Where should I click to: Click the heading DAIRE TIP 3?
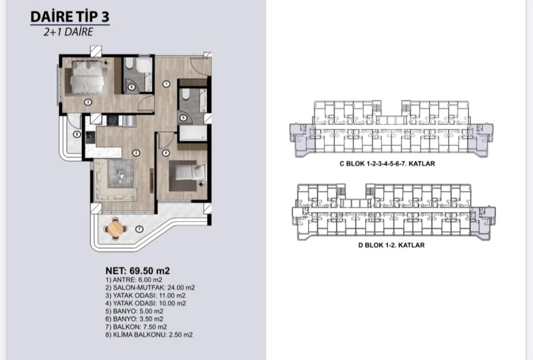70,17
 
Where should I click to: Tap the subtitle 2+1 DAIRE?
68,31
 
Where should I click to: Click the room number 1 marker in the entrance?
166,83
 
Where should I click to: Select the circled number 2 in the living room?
136,153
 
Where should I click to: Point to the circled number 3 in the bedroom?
88,102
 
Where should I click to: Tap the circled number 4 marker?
165,153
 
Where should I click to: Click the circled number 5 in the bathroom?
183,118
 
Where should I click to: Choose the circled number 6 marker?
132,87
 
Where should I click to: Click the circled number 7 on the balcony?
139,229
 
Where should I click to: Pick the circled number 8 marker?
77,134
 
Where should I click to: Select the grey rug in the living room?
121,173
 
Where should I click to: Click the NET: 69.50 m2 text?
137,271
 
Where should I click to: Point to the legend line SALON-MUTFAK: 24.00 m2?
150,288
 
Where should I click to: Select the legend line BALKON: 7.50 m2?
136,327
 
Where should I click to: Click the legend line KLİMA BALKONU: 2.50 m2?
149,335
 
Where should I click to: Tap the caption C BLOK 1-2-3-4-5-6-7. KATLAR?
387,164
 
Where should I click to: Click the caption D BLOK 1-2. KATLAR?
391,245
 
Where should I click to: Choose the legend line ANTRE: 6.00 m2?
134,280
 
